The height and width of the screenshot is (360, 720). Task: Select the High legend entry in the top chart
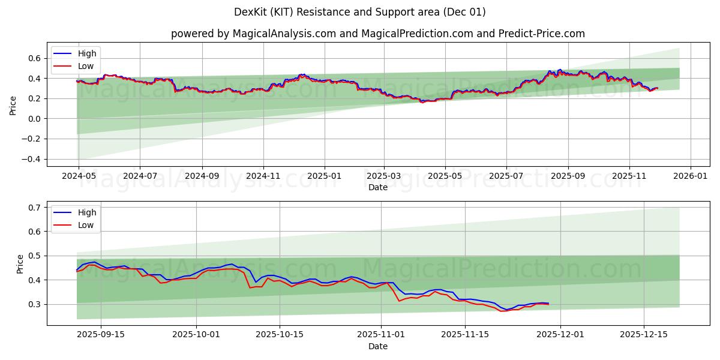pyautogui.click(x=86, y=53)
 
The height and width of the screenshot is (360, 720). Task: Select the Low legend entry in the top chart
pyautogui.click(x=86, y=66)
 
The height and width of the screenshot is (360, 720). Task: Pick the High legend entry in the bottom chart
pyautogui.click(x=86, y=212)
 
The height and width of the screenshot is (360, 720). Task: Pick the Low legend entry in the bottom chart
pyautogui.click(x=86, y=225)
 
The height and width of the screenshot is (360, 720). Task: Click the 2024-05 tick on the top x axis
pyautogui.click(x=78, y=176)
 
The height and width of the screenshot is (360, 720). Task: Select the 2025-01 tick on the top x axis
pyautogui.click(x=325, y=176)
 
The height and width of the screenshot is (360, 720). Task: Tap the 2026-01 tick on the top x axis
pyautogui.click(x=691, y=176)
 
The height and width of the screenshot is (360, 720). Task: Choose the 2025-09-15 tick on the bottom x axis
pyautogui.click(x=101, y=335)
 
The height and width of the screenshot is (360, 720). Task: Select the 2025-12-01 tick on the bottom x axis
pyautogui.click(x=560, y=335)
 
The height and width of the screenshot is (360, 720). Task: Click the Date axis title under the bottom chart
pyautogui.click(x=377, y=346)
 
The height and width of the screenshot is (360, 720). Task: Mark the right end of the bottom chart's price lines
pyautogui.click(x=548, y=304)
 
